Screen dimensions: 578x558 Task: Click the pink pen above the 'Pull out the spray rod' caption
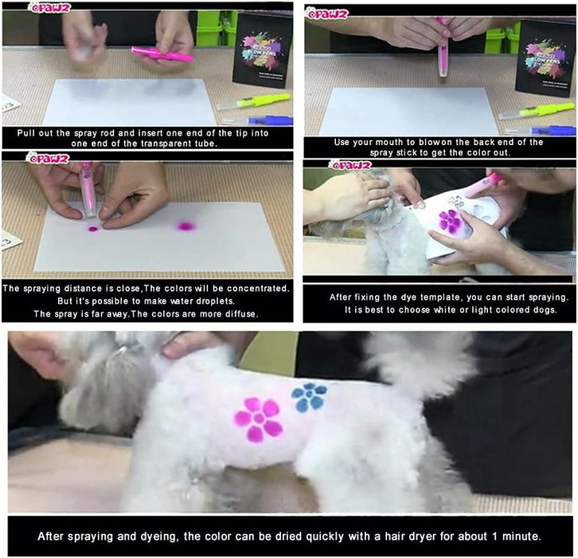162,55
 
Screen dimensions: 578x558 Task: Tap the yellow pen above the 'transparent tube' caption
254,101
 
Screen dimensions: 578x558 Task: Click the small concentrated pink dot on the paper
93,229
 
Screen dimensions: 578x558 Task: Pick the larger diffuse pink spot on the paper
186,226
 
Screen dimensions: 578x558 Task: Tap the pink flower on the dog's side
259,419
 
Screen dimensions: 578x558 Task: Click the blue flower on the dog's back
309,397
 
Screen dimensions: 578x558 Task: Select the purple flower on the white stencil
450,222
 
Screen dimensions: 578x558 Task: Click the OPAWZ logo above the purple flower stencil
350,165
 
